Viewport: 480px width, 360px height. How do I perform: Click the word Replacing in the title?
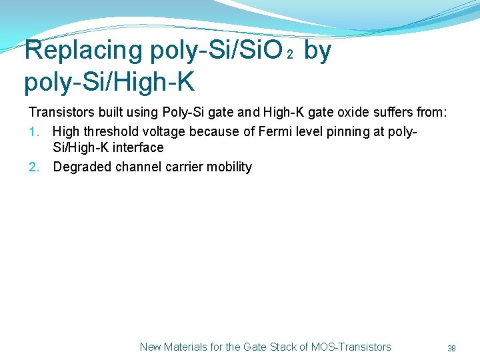pyautogui.click(x=83, y=51)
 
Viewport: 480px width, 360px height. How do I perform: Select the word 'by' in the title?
pyautogui.click(x=317, y=51)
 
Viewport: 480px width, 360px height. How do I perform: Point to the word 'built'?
pyautogui.click(x=103, y=111)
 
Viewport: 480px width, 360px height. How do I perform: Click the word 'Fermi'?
pyautogui.click(x=261, y=131)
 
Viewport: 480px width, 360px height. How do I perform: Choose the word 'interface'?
pyautogui.click(x=139, y=147)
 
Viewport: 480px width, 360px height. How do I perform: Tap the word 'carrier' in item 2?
pyautogui.click(x=182, y=167)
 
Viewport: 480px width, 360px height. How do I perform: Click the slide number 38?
pyautogui.click(x=451, y=348)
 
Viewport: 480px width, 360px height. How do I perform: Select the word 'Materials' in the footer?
pyautogui.click(x=186, y=347)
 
